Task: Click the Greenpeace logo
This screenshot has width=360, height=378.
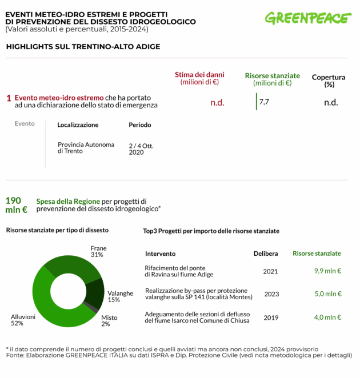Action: (x=308, y=18)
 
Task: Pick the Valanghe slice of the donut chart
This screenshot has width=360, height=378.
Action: (x=94, y=292)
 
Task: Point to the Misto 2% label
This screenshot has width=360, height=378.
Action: (x=109, y=321)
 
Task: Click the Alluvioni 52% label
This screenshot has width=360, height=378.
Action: (x=23, y=320)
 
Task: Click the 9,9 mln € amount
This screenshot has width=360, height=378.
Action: (x=327, y=271)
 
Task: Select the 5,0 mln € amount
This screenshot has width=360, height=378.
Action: (x=327, y=294)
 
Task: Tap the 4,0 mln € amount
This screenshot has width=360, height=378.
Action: (x=327, y=317)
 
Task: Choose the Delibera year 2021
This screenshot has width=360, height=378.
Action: (x=270, y=271)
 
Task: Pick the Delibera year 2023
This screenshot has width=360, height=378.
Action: (x=271, y=294)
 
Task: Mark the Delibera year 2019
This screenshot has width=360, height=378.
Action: (x=271, y=317)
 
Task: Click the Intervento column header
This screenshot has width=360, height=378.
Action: (x=160, y=254)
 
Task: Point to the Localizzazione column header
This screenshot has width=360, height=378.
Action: (x=78, y=125)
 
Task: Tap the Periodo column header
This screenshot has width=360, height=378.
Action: (x=140, y=125)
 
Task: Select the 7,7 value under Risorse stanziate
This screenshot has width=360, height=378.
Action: (x=264, y=102)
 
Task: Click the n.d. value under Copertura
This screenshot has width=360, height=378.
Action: (x=331, y=103)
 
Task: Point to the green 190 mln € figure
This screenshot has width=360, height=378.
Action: (x=16, y=205)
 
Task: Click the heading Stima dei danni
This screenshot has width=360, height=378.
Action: (x=199, y=75)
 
